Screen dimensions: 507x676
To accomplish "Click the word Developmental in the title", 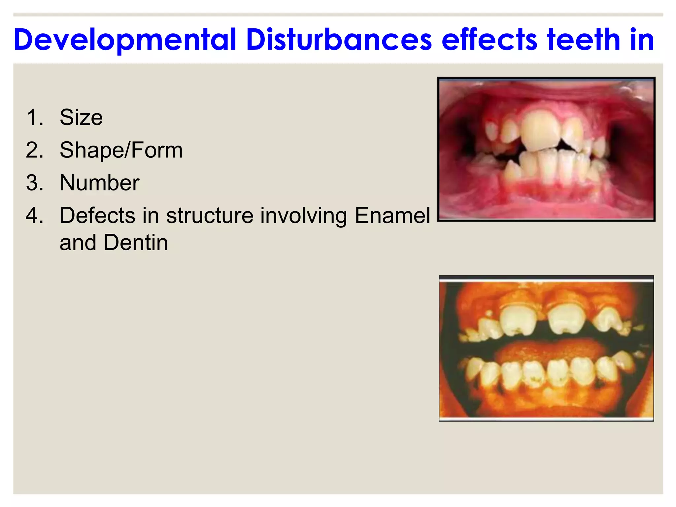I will click(125, 40).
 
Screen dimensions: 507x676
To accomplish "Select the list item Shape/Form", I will click(121, 150).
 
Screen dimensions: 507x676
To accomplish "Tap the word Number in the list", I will click(99, 183).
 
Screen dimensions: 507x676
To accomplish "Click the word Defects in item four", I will click(97, 216).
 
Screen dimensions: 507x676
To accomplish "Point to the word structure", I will click(209, 216).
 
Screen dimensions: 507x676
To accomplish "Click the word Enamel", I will click(392, 216).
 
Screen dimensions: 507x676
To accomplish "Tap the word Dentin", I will click(136, 243).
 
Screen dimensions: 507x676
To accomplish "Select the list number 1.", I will click(35, 118).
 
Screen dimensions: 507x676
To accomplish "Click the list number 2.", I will click(35, 150).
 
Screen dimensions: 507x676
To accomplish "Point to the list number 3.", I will click(35, 183).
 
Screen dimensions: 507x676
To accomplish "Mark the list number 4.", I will click(35, 216).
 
